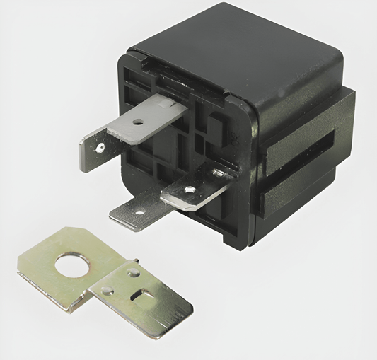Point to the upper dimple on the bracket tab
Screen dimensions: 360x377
point(132,272)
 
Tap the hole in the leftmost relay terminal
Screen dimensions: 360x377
point(100,148)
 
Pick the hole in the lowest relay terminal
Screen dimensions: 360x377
point(139,211)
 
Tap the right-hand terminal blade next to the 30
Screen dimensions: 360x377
point(194,191)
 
